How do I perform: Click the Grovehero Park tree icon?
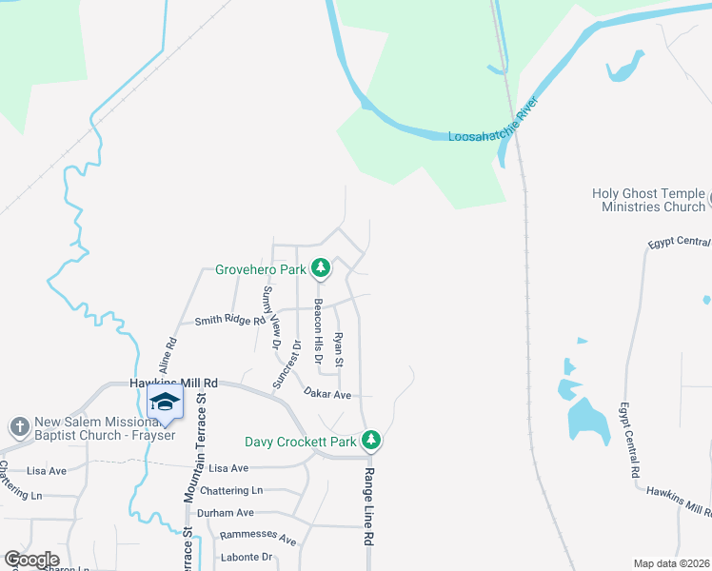click(x=322, y=269)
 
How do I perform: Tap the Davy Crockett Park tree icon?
click(x=372, y=441)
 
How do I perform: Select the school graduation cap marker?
click(x=165, y=404)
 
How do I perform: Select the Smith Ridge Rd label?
click(x=228, y=322)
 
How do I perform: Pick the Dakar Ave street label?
click(x=328, y=393)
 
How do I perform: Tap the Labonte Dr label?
click(x=246, y=557)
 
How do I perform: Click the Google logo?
click(x=31, y=560)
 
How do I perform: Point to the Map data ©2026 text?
click(x=670, y=563)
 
